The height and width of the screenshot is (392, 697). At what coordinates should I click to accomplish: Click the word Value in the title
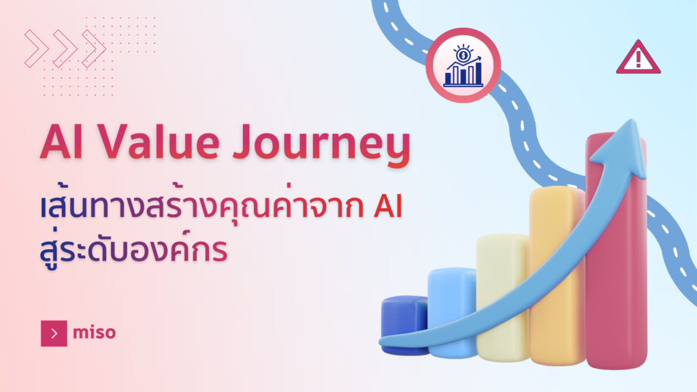tap(159, 142)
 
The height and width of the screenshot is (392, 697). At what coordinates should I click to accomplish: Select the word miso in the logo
tap(94, 332)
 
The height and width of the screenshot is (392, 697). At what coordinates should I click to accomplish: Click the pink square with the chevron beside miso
tap(54, 333)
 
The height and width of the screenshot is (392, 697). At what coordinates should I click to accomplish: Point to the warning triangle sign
tap(638, 57)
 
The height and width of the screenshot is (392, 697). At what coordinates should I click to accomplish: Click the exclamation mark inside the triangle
tap(638, 59)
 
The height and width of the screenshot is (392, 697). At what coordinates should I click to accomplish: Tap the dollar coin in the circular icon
tap(463, 55)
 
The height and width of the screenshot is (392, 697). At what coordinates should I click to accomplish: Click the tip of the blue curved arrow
tap(632, 119)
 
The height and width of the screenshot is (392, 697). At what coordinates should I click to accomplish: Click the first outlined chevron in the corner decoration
tap(37, 49)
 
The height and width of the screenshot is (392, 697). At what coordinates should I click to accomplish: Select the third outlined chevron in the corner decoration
tap(94, 49)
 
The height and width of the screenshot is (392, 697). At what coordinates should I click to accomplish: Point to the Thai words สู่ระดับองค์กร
tap(133, 250)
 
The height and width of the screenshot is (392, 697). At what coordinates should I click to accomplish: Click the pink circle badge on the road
tap(463, 65)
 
